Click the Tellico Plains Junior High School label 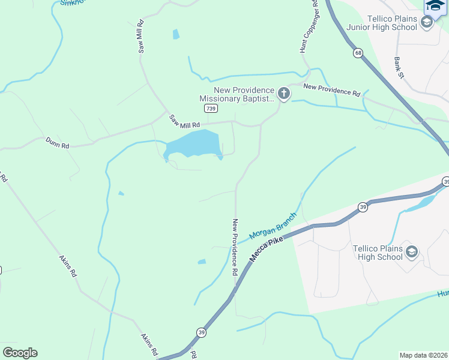(382, 22)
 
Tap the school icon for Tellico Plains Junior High (427, 23)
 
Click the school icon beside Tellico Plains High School (411, 251)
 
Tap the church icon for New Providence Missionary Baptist (284, 94)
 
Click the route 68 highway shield (358, 53)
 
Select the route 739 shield (210, 108)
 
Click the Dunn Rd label (57, 142)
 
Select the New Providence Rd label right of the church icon (331, 90)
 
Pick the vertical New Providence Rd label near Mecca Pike (235, 246)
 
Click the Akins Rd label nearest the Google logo (149, 344)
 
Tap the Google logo (20, 353)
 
